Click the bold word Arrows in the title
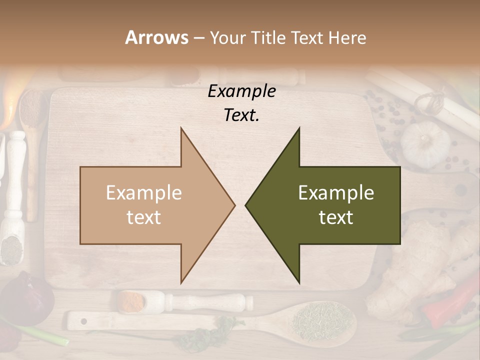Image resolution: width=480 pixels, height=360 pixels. [x=156, y=37]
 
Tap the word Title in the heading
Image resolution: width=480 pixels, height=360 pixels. [x=268, y=37]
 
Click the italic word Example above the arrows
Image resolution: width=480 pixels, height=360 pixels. [x=241, y=91]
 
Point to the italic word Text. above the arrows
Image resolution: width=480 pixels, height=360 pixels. [x=241, y=115]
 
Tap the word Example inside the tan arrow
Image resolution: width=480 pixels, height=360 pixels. [x=144, y=192]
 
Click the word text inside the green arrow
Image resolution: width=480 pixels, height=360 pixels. [x=336, y=217]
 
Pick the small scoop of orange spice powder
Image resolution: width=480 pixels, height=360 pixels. [x=131, y=300]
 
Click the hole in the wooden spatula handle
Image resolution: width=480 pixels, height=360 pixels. [x=83, y=320]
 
